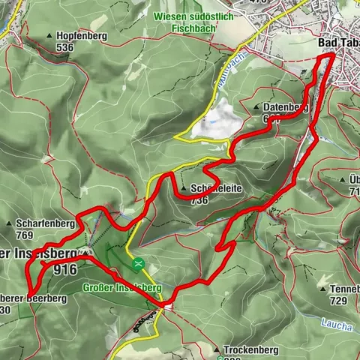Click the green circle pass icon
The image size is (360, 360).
point(138,264)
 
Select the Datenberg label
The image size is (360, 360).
point(285,107)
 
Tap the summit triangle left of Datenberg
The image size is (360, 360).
point(257,107)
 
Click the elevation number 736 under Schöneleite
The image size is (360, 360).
point(199,200)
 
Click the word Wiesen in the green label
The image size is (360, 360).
point(171,16)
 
